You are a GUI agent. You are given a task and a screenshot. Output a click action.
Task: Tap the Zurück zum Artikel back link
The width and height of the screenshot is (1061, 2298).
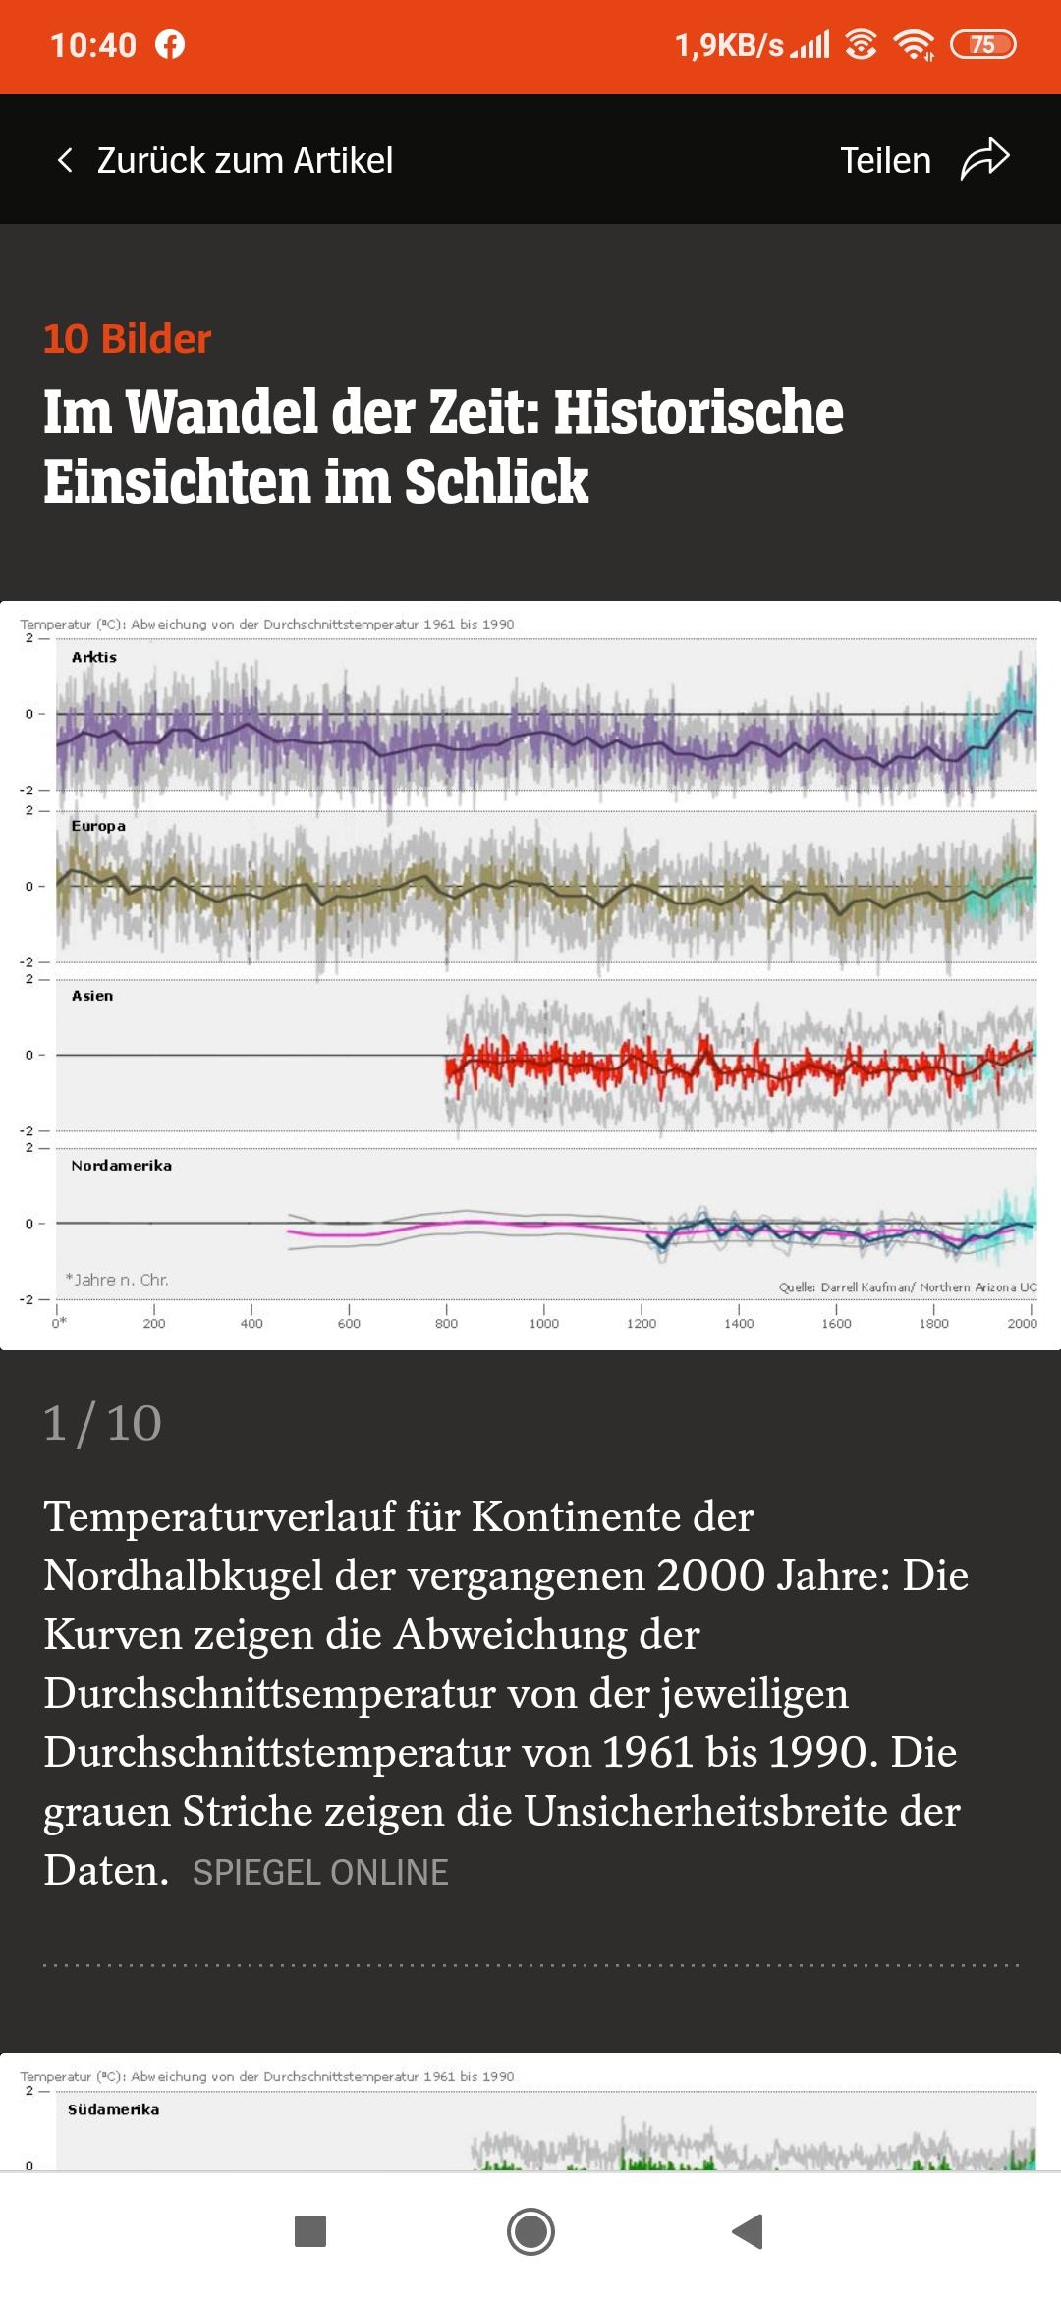(225, 160)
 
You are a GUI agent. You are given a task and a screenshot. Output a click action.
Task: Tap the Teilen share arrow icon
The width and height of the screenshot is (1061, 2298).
(984, 159)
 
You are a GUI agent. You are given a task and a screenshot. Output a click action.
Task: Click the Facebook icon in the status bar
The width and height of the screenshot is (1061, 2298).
(170, 45)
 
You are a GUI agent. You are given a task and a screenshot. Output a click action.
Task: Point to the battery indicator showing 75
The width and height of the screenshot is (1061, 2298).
(982, 45)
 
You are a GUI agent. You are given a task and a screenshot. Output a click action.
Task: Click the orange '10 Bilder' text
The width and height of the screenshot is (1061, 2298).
(128, 339)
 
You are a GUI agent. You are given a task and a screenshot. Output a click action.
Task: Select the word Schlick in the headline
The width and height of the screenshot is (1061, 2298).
(496, 481)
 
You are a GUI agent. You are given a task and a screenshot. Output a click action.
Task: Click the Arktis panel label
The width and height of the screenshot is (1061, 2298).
(94, 657)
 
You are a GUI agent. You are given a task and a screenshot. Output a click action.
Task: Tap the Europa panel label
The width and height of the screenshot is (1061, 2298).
(98, 826)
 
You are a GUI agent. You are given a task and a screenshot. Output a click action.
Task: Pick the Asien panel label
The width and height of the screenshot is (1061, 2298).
(92, 996)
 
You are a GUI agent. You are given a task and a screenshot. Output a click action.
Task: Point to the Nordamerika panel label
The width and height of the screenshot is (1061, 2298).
(121, 1166)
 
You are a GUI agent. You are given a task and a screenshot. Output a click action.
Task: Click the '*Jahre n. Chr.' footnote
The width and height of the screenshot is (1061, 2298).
(117, 1280)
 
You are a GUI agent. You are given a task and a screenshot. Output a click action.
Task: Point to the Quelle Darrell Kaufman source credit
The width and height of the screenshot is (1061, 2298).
(908, 1287)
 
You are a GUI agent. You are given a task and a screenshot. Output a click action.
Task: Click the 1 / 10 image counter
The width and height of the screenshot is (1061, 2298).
(102, 1423)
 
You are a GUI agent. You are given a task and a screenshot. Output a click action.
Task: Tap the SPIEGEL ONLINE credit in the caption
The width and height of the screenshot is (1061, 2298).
(320, 1872)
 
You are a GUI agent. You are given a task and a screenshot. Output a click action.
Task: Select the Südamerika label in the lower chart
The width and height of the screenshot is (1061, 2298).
(113, 2109)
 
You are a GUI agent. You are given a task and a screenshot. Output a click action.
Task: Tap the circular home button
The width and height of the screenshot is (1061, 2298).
(530, 2231)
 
